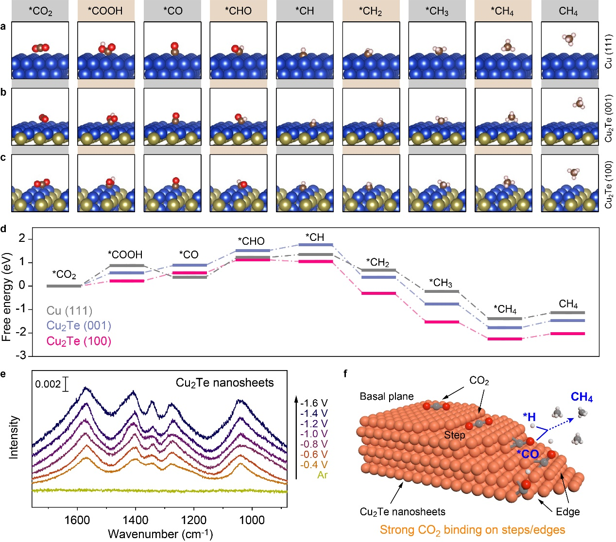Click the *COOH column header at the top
coord(106,11)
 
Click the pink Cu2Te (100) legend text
coord(79,341)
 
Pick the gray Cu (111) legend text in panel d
coord(69,310)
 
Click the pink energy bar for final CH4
coord(568,334)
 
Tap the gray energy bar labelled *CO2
coord(64,286)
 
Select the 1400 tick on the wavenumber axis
coord(135,520)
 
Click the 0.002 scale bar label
coord(48,385)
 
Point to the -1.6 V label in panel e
coord(313,403)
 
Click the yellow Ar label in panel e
coord(322,475)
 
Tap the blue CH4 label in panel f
coord(582,398)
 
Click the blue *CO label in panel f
coord(528,454)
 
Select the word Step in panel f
coord(454,435)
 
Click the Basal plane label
coord(387,397)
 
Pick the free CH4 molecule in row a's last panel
coord(569,38)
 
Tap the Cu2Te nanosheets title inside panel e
coord(224,383)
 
